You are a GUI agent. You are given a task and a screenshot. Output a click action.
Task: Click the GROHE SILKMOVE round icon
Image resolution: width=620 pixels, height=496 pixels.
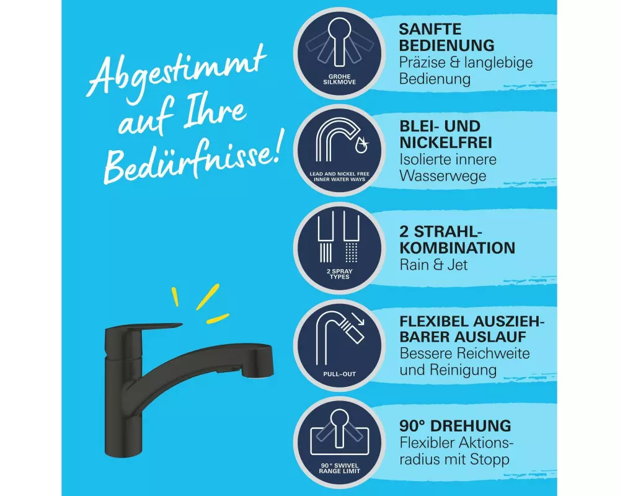click(x=339, y=53)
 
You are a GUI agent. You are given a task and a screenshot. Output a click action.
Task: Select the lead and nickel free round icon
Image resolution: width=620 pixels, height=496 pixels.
click(x=339, y=150)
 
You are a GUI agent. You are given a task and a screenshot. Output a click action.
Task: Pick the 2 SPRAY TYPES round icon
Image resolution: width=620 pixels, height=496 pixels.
click(x=339, y=247)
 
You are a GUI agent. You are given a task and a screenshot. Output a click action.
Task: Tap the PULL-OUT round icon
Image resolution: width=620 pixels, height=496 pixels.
click(x=339, y=345)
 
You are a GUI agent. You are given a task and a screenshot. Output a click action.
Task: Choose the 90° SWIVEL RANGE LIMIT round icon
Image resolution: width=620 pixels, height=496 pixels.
click(x=339, y=442)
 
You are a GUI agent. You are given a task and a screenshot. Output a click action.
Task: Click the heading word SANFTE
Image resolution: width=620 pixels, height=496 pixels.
click(x=430, y=29)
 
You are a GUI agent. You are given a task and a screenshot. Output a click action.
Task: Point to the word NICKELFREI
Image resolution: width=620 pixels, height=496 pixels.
click(x=446, y=143)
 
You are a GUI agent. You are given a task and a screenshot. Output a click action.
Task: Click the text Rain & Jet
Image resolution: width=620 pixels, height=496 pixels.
click(x=433, y=265)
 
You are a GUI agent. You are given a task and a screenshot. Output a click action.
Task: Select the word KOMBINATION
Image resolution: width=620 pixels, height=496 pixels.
click(x=457, y=248)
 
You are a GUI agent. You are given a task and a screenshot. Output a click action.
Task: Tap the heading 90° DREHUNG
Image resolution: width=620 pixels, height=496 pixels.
click(x=455, y=426)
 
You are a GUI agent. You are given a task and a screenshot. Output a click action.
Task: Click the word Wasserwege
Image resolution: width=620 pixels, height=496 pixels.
click(x=443, y=176)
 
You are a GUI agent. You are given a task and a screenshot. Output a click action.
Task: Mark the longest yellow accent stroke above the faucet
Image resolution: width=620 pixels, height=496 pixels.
click(x=208, y=296)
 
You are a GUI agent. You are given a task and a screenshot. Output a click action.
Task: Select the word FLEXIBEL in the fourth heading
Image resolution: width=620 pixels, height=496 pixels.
click(x=433, y=321)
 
